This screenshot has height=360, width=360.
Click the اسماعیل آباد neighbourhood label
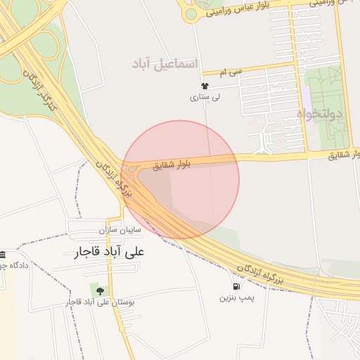point(165,64)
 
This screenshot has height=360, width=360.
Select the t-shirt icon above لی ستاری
point(205,85)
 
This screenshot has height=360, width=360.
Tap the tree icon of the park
point(98,290)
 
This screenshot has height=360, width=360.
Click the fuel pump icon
point(235,287)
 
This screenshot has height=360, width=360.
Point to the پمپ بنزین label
point(235,298)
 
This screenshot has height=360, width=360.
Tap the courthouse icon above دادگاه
point(3,254)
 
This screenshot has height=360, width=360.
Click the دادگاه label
point(13,266)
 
